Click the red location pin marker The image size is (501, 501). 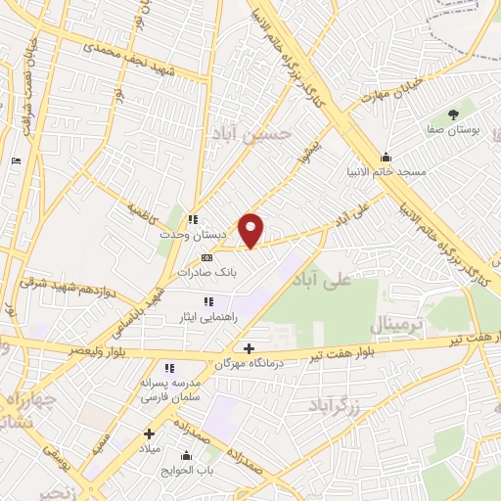coord(251,230)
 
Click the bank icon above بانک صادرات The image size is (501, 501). coord(205,257)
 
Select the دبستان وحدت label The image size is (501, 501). coord(207,235)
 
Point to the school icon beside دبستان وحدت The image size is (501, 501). coord(194,219)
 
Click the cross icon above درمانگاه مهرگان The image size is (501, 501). coord(249,348)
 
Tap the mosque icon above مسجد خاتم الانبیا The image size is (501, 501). coord(387,157)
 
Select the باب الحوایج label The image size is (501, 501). coord(186,469)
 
